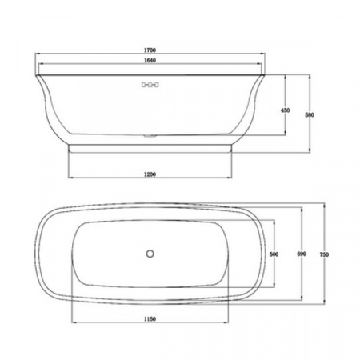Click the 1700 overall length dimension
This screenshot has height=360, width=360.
coord(150,50)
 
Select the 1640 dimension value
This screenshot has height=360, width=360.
coord(150,60)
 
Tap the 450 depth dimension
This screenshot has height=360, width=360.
coord(286,110)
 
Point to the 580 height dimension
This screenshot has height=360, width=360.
coord(310,114)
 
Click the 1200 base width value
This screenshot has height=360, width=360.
coord(150,174)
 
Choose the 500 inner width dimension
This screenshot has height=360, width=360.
coord(274,254)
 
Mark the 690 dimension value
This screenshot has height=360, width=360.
coord(302,254)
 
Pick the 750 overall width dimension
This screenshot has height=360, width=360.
coord(324,254)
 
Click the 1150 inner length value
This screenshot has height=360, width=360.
coord(150,319)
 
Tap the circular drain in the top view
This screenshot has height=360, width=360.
coord(150,254)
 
